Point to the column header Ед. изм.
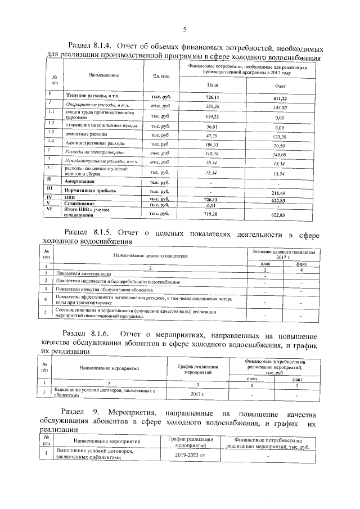coord(154,75)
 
